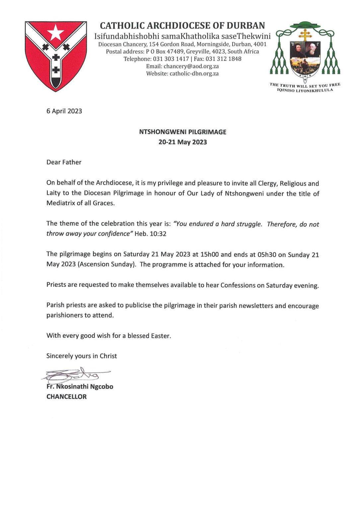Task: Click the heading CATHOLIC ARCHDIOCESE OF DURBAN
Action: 182,26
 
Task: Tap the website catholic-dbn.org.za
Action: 194,73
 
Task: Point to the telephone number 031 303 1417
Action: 171,59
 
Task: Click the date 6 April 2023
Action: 64,111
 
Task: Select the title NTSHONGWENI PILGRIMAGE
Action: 182,132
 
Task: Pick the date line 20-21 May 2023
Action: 182,142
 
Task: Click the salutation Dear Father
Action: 64,162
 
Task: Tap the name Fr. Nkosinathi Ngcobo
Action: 80,386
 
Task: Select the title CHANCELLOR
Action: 66,396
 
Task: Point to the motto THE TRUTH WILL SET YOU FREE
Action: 305,85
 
